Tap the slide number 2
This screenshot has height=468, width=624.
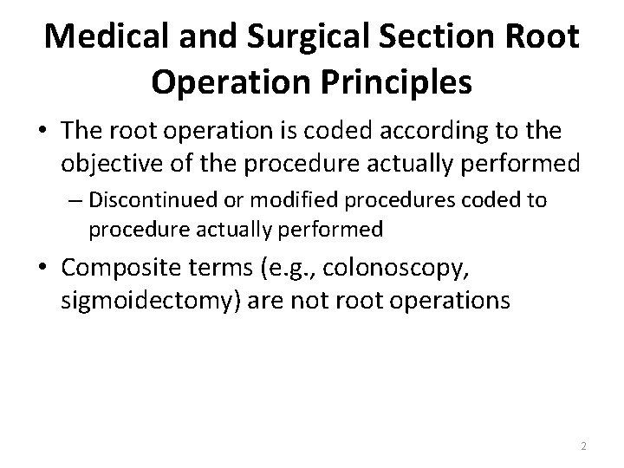[x=583, y=445]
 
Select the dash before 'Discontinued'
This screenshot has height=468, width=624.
[x=76, y=202]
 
